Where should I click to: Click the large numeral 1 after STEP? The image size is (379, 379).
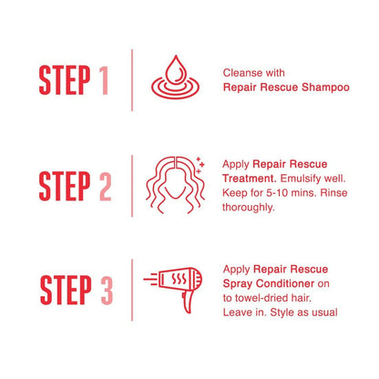point(104,80)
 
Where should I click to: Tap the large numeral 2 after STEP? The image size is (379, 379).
point(105,186)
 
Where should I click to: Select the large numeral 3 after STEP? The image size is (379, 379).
point(107,290)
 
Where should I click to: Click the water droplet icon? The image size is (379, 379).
point(176,77)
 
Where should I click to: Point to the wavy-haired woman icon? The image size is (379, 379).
point(175,185)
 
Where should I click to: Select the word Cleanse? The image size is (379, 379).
point(238,73)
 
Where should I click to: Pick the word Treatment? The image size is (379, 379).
point(249,179)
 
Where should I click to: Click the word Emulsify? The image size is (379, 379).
point(301,179)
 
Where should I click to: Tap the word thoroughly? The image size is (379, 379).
point(249,208)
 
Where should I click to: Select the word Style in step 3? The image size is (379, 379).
point(282,312)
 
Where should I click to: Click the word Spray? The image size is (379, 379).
point(238,284)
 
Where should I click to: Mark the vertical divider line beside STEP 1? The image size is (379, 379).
point(132,80)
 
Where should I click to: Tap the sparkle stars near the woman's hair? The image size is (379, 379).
point(200,166)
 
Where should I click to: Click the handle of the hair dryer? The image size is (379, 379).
point(188,302)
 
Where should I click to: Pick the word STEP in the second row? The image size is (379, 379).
point(65,186)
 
